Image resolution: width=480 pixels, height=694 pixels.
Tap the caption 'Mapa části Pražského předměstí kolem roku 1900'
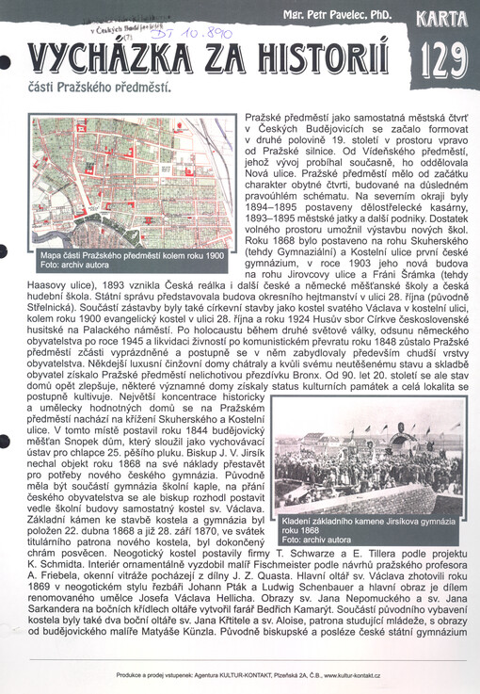(x=131, y=255)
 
